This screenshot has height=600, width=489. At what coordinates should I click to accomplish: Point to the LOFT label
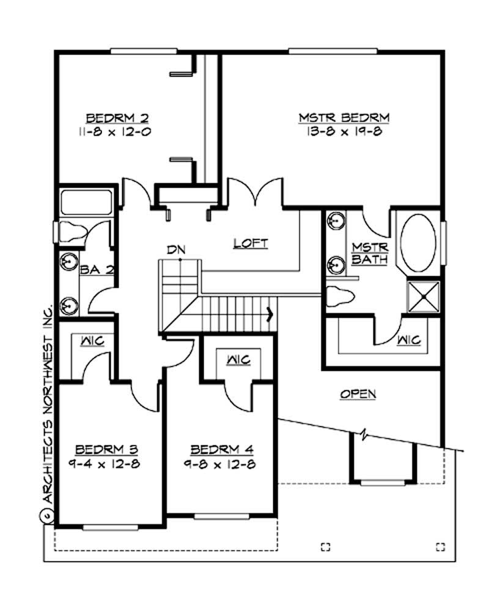coord(251,243)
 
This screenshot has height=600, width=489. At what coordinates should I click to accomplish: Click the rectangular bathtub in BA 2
coord(86,202)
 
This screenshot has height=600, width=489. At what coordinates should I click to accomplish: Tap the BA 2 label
coord(98,269)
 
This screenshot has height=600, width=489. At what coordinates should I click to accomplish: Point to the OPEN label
coord(358,394)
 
